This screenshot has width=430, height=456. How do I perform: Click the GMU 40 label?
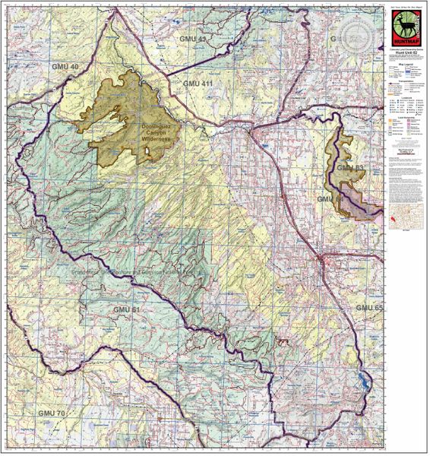(x=64, y=68)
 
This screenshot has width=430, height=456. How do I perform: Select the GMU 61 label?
(x=127, y=310)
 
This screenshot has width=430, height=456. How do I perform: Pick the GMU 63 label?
(x=350, y=166)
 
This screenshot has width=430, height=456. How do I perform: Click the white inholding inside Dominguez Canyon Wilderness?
(x=148, y=154)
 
